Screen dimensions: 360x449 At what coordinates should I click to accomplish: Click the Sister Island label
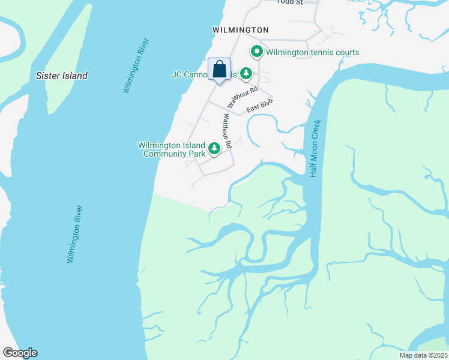point(62,76)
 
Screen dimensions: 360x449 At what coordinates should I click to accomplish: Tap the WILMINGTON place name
point(240,29)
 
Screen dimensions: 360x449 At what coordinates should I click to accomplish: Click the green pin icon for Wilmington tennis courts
point(257,52)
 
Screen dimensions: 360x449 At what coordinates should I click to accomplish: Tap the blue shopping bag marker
point(219,69)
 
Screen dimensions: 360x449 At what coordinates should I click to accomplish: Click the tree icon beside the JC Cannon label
point(246,74)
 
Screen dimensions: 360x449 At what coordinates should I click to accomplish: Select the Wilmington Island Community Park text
point(171,149)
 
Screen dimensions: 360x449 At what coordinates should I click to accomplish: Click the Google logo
point(19,353)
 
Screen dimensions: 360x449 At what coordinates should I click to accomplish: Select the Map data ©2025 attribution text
point(424,355)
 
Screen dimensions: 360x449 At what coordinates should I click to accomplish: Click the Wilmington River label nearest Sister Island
point(136,66)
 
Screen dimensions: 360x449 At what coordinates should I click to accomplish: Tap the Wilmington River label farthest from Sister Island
point(74,234)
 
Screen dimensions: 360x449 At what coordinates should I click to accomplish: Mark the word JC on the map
point(176,75)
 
